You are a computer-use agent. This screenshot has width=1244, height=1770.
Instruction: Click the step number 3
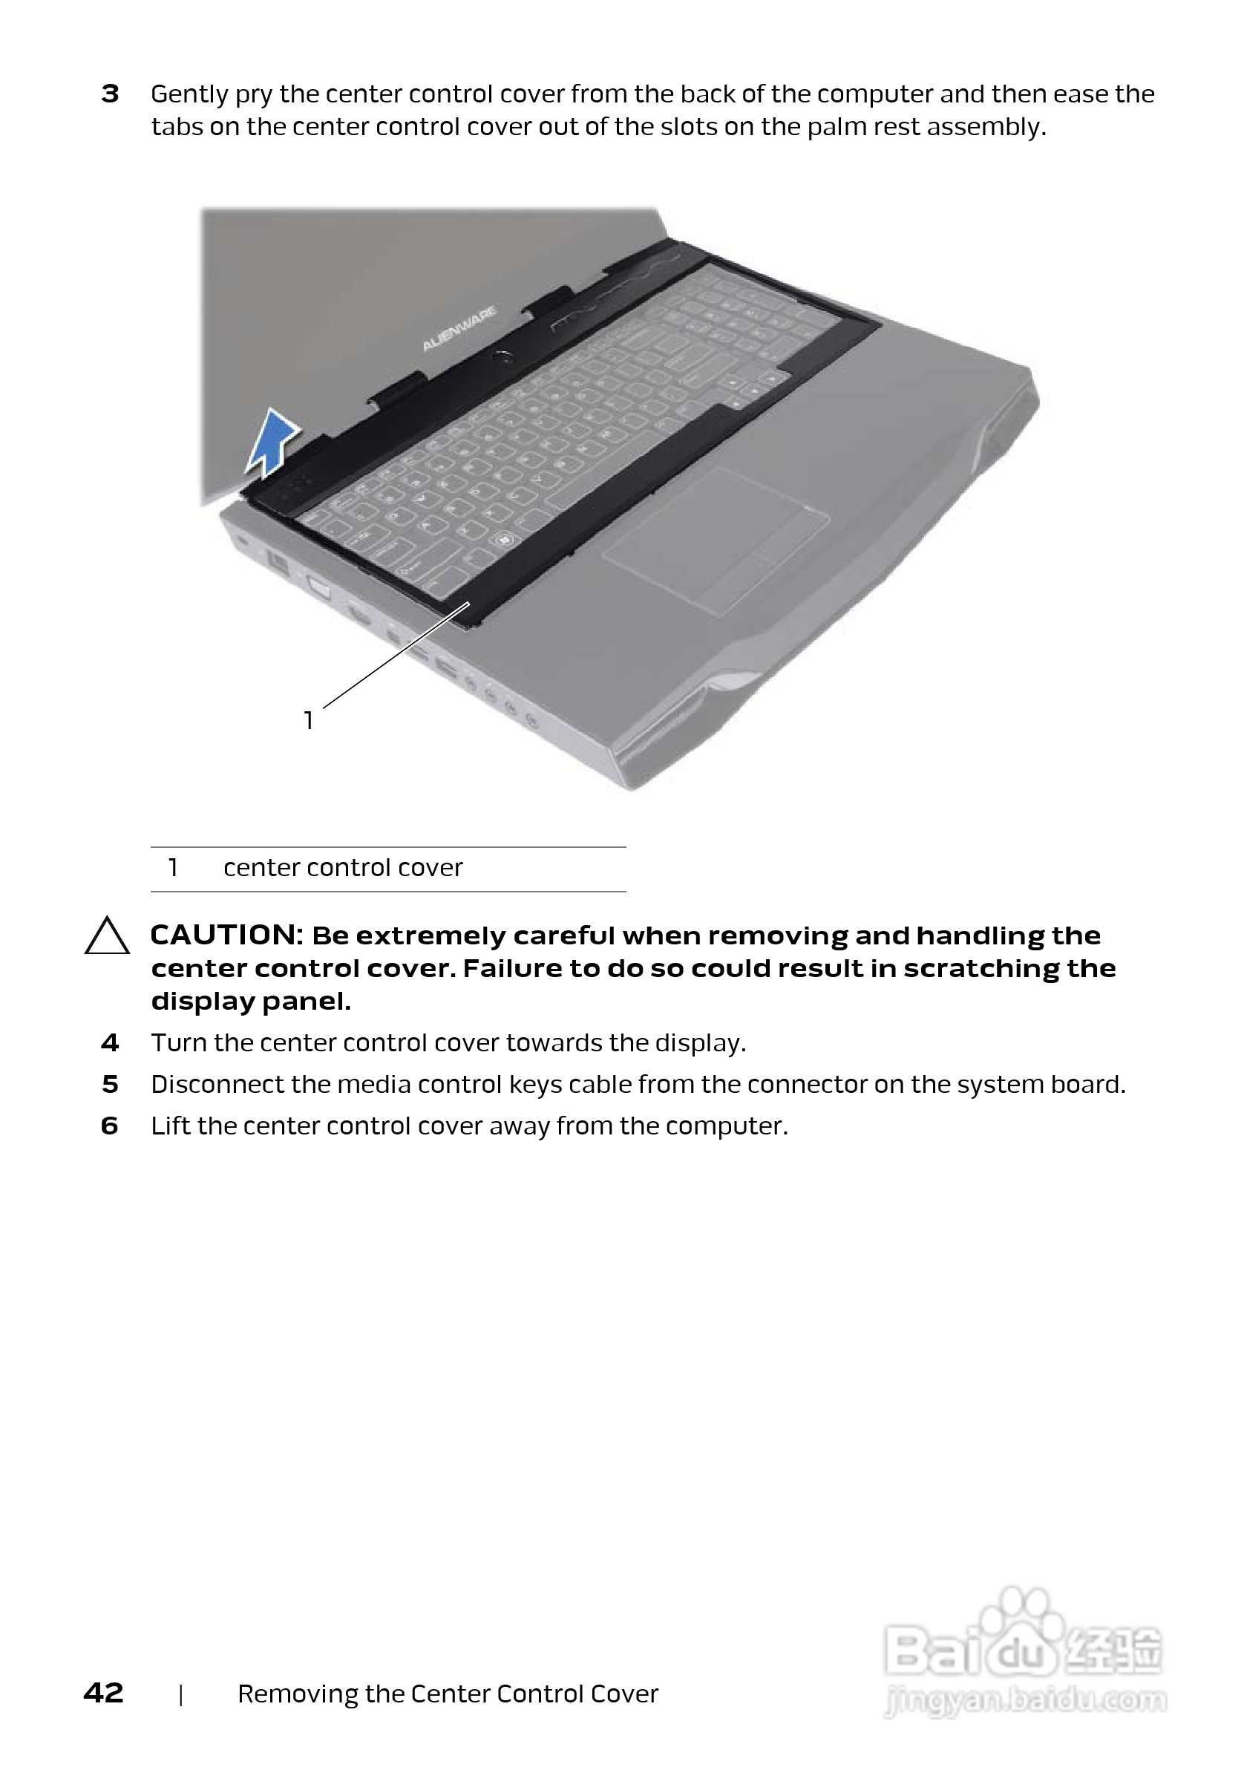point(110,94)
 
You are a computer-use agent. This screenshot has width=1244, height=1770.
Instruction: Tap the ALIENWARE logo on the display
point(459,329)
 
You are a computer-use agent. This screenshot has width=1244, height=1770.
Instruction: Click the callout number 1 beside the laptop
point(308,720)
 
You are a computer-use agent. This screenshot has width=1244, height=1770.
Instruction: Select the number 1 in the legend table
point(174,867)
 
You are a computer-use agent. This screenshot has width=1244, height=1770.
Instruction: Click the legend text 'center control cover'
point(343,867)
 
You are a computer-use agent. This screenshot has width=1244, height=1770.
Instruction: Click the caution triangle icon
point(106,938)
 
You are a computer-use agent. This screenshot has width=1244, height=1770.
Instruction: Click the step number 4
point(110,1042)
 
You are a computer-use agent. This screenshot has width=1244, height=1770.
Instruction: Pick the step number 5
point(110,1084)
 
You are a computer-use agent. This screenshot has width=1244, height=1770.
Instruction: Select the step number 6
point(110,1126)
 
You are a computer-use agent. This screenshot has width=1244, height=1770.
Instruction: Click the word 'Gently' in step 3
point(189,94)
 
